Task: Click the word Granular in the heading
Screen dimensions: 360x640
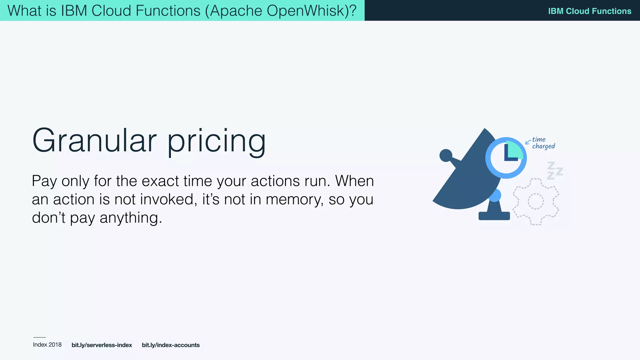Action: click(x=94, y=141)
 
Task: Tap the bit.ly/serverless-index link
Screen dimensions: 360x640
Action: click(x=102, y=345)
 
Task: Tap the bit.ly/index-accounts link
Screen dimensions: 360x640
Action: click(x=171, y=345)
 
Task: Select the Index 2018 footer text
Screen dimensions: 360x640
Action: click(x=47, y=345)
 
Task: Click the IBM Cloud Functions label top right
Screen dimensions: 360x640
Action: click(x=589, y=11)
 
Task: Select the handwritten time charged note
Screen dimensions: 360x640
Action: click(x=543, y=143)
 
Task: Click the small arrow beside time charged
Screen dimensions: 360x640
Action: click(x=528, y=142)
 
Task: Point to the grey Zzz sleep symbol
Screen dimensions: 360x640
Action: click(x=555, y=171)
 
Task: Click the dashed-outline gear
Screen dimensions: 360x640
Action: click(x=536, y=202)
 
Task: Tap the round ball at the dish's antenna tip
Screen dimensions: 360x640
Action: click(x=446, y=155)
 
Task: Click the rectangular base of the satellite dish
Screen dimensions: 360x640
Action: click(x=494, y=216)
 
